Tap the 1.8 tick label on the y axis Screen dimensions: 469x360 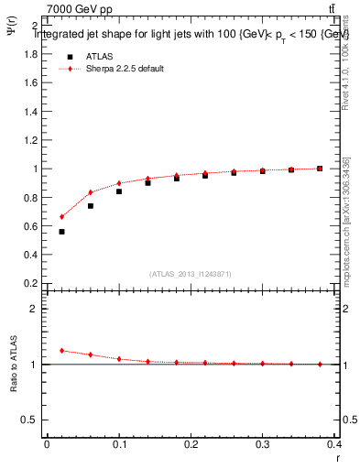(29, 54)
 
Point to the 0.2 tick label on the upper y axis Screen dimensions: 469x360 (29, 283)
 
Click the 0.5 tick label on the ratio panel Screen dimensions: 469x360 (29, 420)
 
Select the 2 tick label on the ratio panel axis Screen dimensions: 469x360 (33, 309)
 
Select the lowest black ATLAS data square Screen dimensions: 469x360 (61, 232)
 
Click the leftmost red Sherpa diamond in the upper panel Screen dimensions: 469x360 (61, 217)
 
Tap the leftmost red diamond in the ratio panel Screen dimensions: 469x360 (61, 350)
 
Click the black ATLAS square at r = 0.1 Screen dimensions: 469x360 (119, 191)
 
